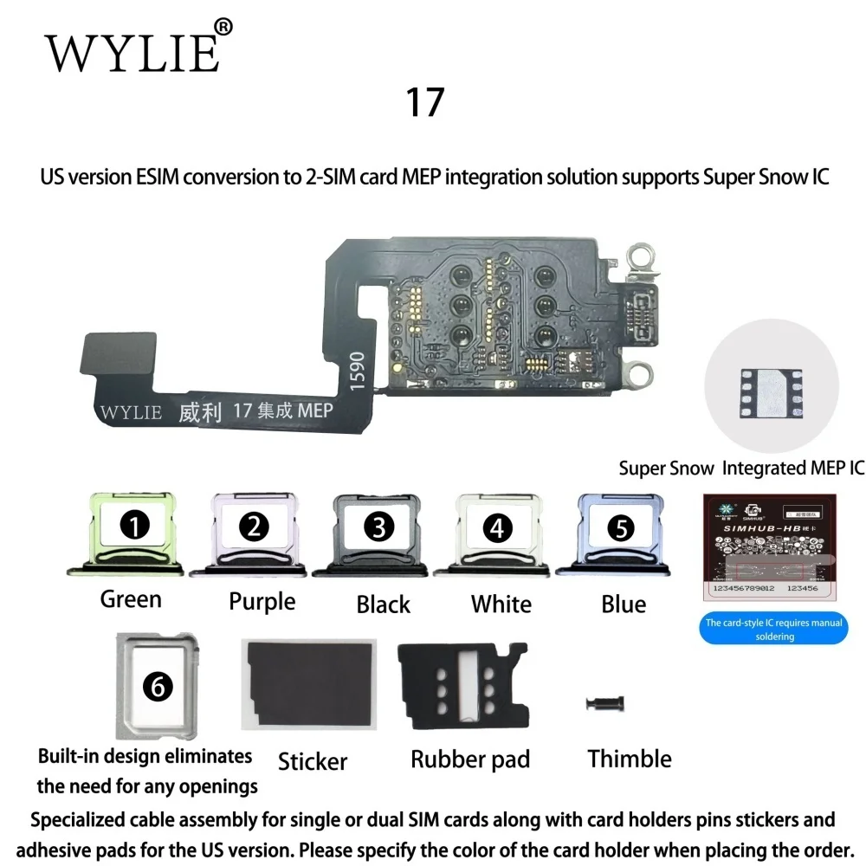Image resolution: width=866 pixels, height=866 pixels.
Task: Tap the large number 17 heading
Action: [x=424, y=102]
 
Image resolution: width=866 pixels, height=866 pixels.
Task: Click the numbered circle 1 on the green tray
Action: [x=136, y=523]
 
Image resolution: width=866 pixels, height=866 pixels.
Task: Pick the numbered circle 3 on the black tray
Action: [x=379, y=524]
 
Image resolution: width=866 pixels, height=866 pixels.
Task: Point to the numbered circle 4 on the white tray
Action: [x=497, y=527]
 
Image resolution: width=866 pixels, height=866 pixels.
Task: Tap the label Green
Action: [x=131, y=598]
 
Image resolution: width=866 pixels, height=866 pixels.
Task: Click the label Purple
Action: [x=262, y=601]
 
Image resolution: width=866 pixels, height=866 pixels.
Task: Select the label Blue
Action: [x=624, y=604]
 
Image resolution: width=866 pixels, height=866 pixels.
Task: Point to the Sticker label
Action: [x=313, y=762]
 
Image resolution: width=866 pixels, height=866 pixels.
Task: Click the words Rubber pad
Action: [x=470, y=760]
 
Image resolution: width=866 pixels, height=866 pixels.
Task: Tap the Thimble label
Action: [x=630, y=759]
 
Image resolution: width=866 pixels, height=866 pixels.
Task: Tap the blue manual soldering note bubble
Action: [x=774, y=629]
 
